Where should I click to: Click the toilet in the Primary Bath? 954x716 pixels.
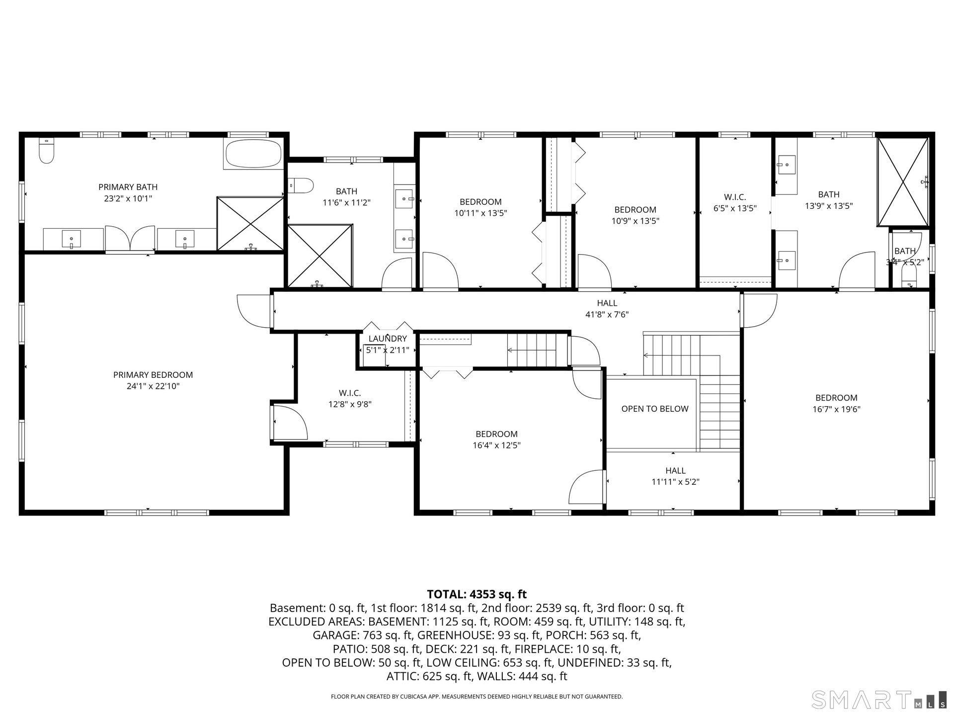[46, 150]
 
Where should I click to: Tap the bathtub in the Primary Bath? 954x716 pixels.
[253, 154]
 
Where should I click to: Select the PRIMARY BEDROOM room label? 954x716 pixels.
[153, 375]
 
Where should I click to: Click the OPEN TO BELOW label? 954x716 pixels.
[655, 409]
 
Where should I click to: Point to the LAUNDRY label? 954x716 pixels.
[388, 339]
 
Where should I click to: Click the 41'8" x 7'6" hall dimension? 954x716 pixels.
[607, 314]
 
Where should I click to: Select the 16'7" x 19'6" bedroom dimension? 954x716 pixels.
[836, 409]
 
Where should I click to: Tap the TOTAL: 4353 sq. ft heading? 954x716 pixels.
[477, 594]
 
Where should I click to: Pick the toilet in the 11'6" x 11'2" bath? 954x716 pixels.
[301, 186]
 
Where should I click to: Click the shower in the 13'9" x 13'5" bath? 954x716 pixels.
[903, 182]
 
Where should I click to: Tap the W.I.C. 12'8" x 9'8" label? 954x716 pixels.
[350, 399]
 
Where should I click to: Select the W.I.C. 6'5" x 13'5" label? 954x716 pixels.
[735, 203]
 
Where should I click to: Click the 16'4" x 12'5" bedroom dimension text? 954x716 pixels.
[496, 446]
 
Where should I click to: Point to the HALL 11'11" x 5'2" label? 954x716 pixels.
[675, 476]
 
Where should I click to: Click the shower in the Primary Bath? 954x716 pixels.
[250, 224]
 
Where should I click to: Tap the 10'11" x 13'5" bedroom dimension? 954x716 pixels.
[480, 213]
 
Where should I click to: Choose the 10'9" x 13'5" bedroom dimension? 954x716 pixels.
[635, 221]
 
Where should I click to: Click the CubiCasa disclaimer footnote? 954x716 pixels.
[477, 697]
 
